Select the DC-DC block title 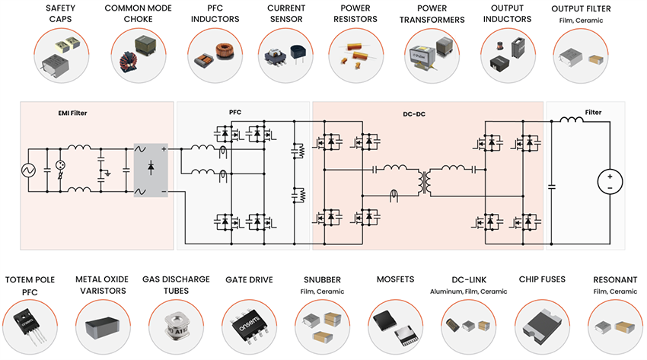[x=413, y=113]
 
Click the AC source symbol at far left [x=33, y=169]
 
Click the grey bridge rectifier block [x=151, y=169]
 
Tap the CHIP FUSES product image [x=541, y=325]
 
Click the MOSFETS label [x=395, y=279]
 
